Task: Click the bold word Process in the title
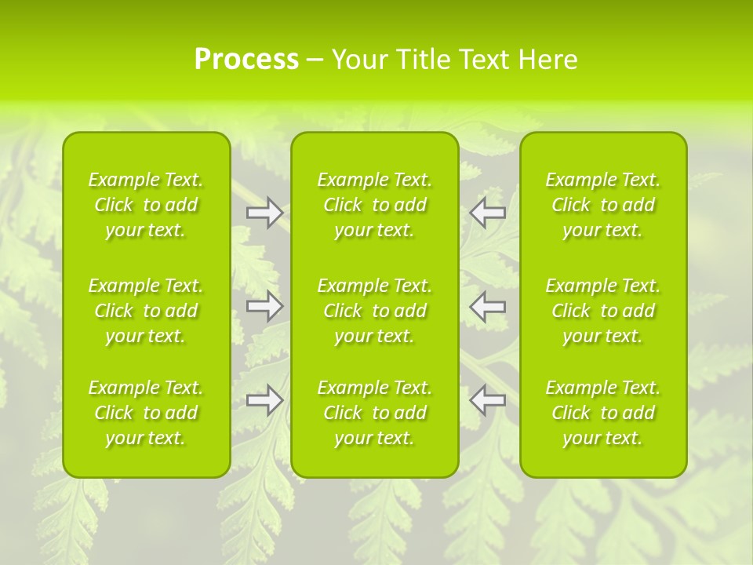tap(246, 60)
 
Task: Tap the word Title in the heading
tap(422, 60)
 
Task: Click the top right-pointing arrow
tap(264, 212)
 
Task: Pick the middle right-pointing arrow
tap(264, 305)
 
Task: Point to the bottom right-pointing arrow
tap(264, 399)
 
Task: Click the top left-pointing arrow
tap(488, 212)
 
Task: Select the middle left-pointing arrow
tap(488, 305)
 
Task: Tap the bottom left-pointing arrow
tap(488, 399)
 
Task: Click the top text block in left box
tap(146, 205)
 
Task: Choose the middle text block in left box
tap(146, 311)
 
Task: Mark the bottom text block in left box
tap(146, 413)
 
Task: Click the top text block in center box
tap(374, 205)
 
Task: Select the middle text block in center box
tap(374, 311)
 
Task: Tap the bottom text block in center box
tap(374, 413)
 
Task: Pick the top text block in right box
tap(602, 205)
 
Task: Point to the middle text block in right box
tap(602, 311)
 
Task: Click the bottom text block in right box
tap(602, 413)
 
